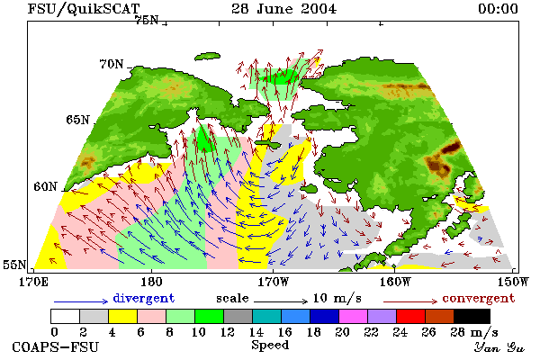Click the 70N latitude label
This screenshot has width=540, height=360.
(x=112, y=64)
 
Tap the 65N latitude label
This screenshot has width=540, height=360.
(x=77, y=120)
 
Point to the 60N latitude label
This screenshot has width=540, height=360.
(x=45, y=186)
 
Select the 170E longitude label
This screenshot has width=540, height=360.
(x=34, y=282)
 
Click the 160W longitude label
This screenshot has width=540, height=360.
(x=395, y=282)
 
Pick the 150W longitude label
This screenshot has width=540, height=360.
(x=513, y=282)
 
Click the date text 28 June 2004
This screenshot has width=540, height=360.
(x=283, y=9)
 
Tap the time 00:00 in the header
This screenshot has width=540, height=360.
(x=498, y=9)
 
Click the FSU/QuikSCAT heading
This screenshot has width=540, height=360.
(x=84, y=9)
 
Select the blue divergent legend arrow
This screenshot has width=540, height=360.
(x=81, y=301)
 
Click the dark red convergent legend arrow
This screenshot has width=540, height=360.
(x=410, y=301)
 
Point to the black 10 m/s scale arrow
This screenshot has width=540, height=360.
(x=281, y=301)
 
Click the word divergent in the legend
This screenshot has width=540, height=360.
(x=144, y=298)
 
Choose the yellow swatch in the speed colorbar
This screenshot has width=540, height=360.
(x=123, y=316)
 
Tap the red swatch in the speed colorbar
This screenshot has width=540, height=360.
(x=411, y=316)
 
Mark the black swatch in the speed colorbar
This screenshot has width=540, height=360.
(x=472, y=316)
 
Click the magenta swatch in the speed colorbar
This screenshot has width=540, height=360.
(x=354, y=316)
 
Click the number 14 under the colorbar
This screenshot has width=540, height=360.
(x=256, y=332)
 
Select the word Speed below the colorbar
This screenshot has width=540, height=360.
(x=270, y=346)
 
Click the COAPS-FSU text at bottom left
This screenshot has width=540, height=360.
(x=55, y=346)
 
